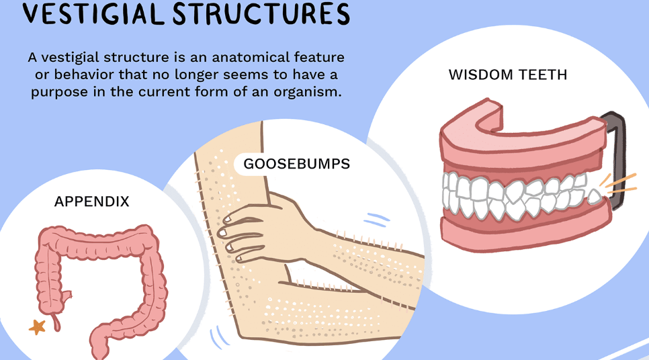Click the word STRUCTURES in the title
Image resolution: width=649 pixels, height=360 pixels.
click(x=261, y=13)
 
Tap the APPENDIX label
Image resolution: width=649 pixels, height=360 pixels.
click(x=92, y=201)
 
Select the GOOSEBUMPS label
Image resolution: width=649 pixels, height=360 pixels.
click(x=297, y=164)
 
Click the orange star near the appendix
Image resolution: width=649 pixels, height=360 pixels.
click(x=37, y=327)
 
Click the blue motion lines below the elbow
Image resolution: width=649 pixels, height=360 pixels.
click(x=218, y=336)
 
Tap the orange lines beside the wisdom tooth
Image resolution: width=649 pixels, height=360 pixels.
click(x=619, y=185)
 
